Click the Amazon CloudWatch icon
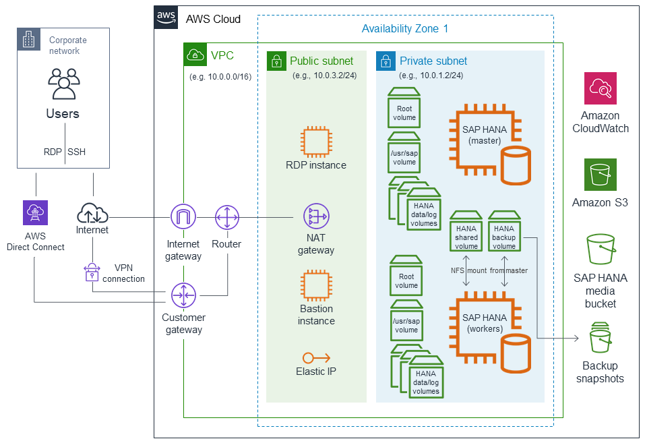600,88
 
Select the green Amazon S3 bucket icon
600,175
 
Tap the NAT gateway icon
315,217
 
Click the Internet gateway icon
183,218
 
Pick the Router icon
226,218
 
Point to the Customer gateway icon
183,295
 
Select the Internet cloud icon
92,213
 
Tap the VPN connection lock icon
92,272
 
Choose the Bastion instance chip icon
315,285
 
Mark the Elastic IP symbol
315,358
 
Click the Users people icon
63,84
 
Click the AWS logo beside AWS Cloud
166,18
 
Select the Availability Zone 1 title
404,28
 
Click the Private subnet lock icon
386,61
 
